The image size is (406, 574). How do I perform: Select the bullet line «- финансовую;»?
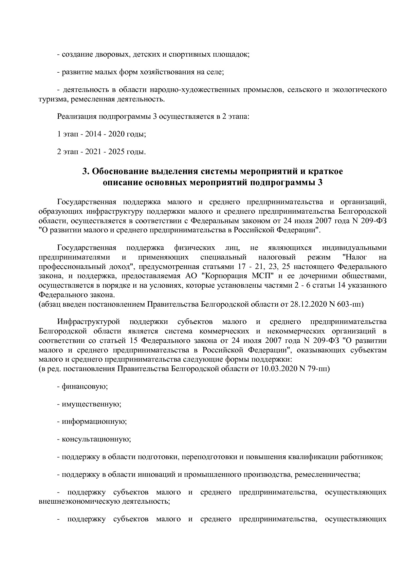pos(83,386)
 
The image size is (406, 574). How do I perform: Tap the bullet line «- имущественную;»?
pos(89,404)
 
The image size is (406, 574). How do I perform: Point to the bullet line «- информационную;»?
pos(92,422)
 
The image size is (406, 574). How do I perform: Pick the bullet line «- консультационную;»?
pos(94,439)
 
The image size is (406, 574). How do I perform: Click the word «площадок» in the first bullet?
pos(234,54)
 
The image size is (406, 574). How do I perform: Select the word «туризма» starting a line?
pos(51,99)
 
